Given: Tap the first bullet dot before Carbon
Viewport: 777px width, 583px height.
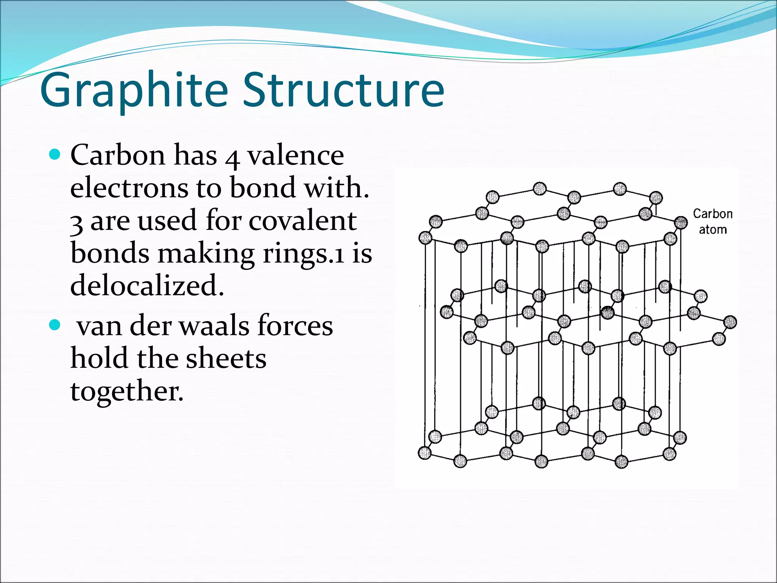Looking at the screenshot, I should pos(55,154).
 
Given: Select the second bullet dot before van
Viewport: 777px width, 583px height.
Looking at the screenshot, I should pos(55,325).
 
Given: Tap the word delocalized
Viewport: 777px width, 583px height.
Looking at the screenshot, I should pos(147,285).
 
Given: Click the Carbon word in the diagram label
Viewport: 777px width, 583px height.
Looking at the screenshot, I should pos(713,214).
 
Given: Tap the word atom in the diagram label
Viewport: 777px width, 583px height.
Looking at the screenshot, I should pos(713,230).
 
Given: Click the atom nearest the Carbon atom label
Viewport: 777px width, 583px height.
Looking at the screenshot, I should pos(681,222).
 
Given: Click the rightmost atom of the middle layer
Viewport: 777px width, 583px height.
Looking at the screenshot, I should pos(730,322).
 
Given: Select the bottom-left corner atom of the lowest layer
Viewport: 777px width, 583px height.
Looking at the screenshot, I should pos(425,453).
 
